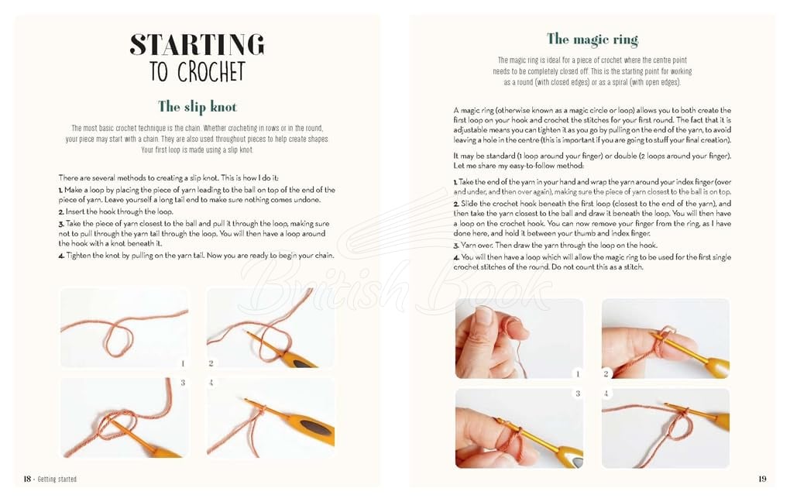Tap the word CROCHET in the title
point(211,71)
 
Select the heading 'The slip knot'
point(197,107)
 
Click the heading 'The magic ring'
point(592,40)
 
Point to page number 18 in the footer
point(27,479)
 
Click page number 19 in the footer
point(762,479)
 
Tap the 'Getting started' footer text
point(57,480)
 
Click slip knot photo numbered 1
point(124,328)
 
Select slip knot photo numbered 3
point(124,418)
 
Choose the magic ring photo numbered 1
point(520,339)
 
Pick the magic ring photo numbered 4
point(665,428)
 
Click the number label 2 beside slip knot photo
point(211,363)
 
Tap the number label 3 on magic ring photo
point(578,393)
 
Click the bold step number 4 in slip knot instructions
point(61,256)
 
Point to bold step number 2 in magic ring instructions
point(456,204)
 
